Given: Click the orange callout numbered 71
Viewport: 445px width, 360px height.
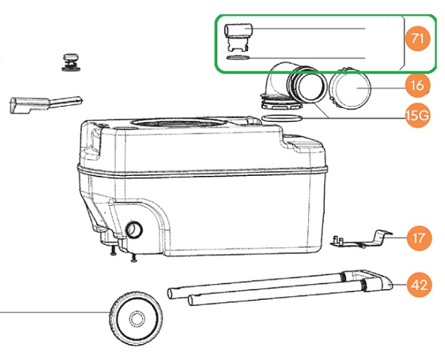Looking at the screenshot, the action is (417, 38).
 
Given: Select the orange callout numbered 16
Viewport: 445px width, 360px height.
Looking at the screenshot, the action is (417, 85).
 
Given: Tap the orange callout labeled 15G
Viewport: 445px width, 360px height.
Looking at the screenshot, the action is (417, 116).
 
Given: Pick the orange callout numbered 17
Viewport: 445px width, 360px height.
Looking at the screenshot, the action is (419, 237).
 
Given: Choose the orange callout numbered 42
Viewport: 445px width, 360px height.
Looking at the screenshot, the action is (419, 285).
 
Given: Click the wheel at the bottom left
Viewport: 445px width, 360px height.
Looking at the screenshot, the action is (135, 319).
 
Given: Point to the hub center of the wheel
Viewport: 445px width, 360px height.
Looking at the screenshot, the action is (137, 319).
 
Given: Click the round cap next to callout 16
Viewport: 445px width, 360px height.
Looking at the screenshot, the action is (350, 89).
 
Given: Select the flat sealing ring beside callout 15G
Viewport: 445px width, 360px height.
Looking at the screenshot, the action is (282, 118).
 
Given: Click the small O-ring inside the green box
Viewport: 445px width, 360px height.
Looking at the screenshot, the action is (238, 58).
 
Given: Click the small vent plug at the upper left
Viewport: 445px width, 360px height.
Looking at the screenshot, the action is (71, 62).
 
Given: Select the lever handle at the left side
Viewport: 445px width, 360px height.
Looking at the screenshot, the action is (45, 104).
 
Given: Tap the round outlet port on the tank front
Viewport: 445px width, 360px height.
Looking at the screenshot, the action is (134, 230).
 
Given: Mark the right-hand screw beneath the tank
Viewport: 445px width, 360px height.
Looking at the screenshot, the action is (133, 257).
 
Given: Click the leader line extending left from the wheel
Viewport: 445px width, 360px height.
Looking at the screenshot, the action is (55, 312).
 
